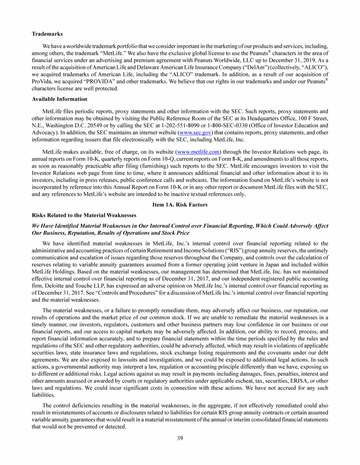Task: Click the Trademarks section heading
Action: [x=47, y=34]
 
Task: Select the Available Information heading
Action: [x=60, y=99]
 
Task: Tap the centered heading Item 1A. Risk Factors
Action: [x=180, y=205]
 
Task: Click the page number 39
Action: [x=180, y=438]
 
